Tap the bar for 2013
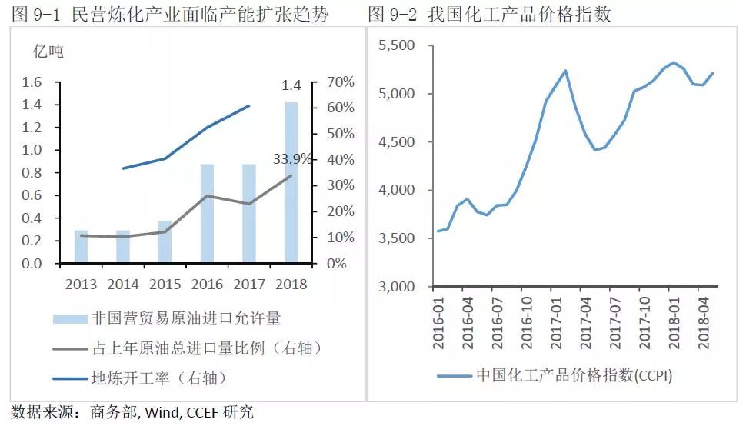point(81,246)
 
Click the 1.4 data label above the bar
point(291,85)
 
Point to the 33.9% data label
point(293,159)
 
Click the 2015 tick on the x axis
point(165,284)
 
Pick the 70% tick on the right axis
point(339,82)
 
